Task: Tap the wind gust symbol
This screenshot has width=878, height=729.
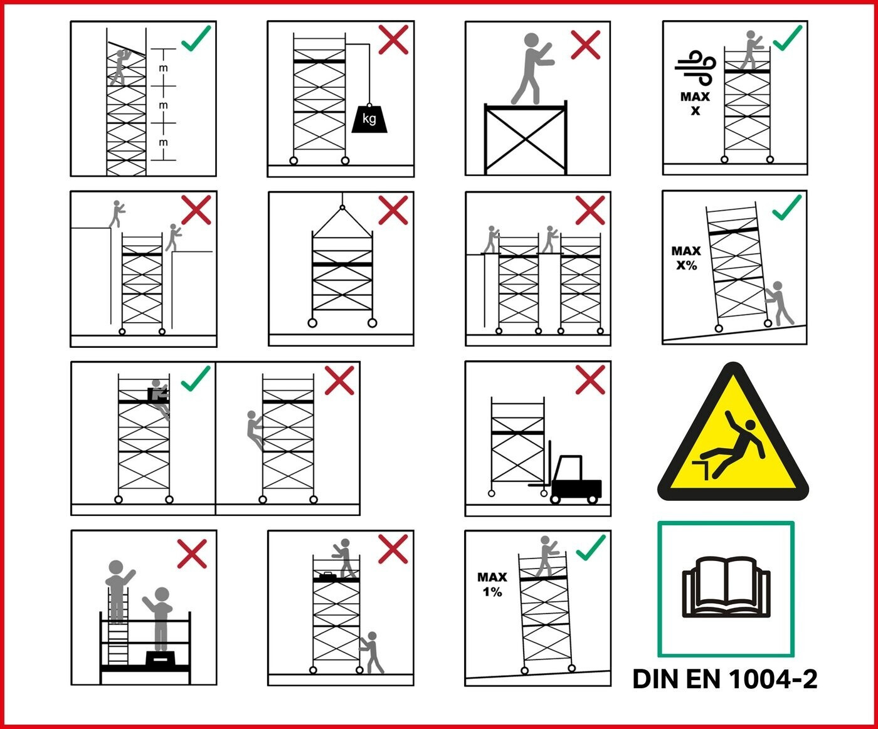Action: [696, 67]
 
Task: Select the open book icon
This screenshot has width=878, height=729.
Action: [726, 587]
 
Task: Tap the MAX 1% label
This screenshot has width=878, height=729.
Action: [492, 584]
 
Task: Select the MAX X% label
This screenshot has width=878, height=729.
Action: [686, 258]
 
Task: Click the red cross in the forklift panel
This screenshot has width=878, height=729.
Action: [590, 380]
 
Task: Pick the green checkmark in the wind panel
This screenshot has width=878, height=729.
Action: [787, 38]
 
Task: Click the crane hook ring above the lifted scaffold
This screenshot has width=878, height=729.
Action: [342, 207]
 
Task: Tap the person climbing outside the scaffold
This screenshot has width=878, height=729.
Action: [255, 429]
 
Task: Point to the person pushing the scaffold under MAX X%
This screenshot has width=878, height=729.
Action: [779, 303]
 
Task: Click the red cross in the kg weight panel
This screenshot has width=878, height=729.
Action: [393, 39]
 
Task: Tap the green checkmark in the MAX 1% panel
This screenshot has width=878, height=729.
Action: [590, 547]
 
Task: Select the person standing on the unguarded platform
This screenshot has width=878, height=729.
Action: [533, 69]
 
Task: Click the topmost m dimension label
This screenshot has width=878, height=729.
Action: [164, 68]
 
